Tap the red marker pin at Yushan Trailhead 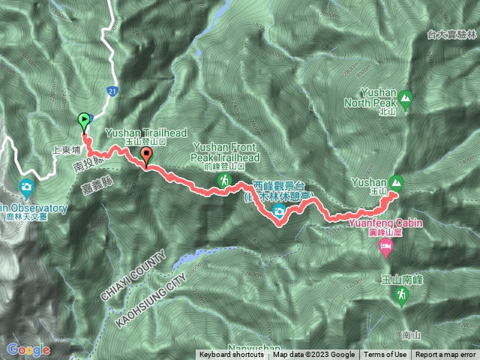(146, 156)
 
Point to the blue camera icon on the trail (278, 212)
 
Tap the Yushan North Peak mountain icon (405, 97)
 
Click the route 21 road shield (112, 90)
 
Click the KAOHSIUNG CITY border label (149, 295)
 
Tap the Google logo (28, 349)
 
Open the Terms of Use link (386, 355)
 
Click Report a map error (445, 355)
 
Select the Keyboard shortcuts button (231, 355)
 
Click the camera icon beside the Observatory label (27, 186)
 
